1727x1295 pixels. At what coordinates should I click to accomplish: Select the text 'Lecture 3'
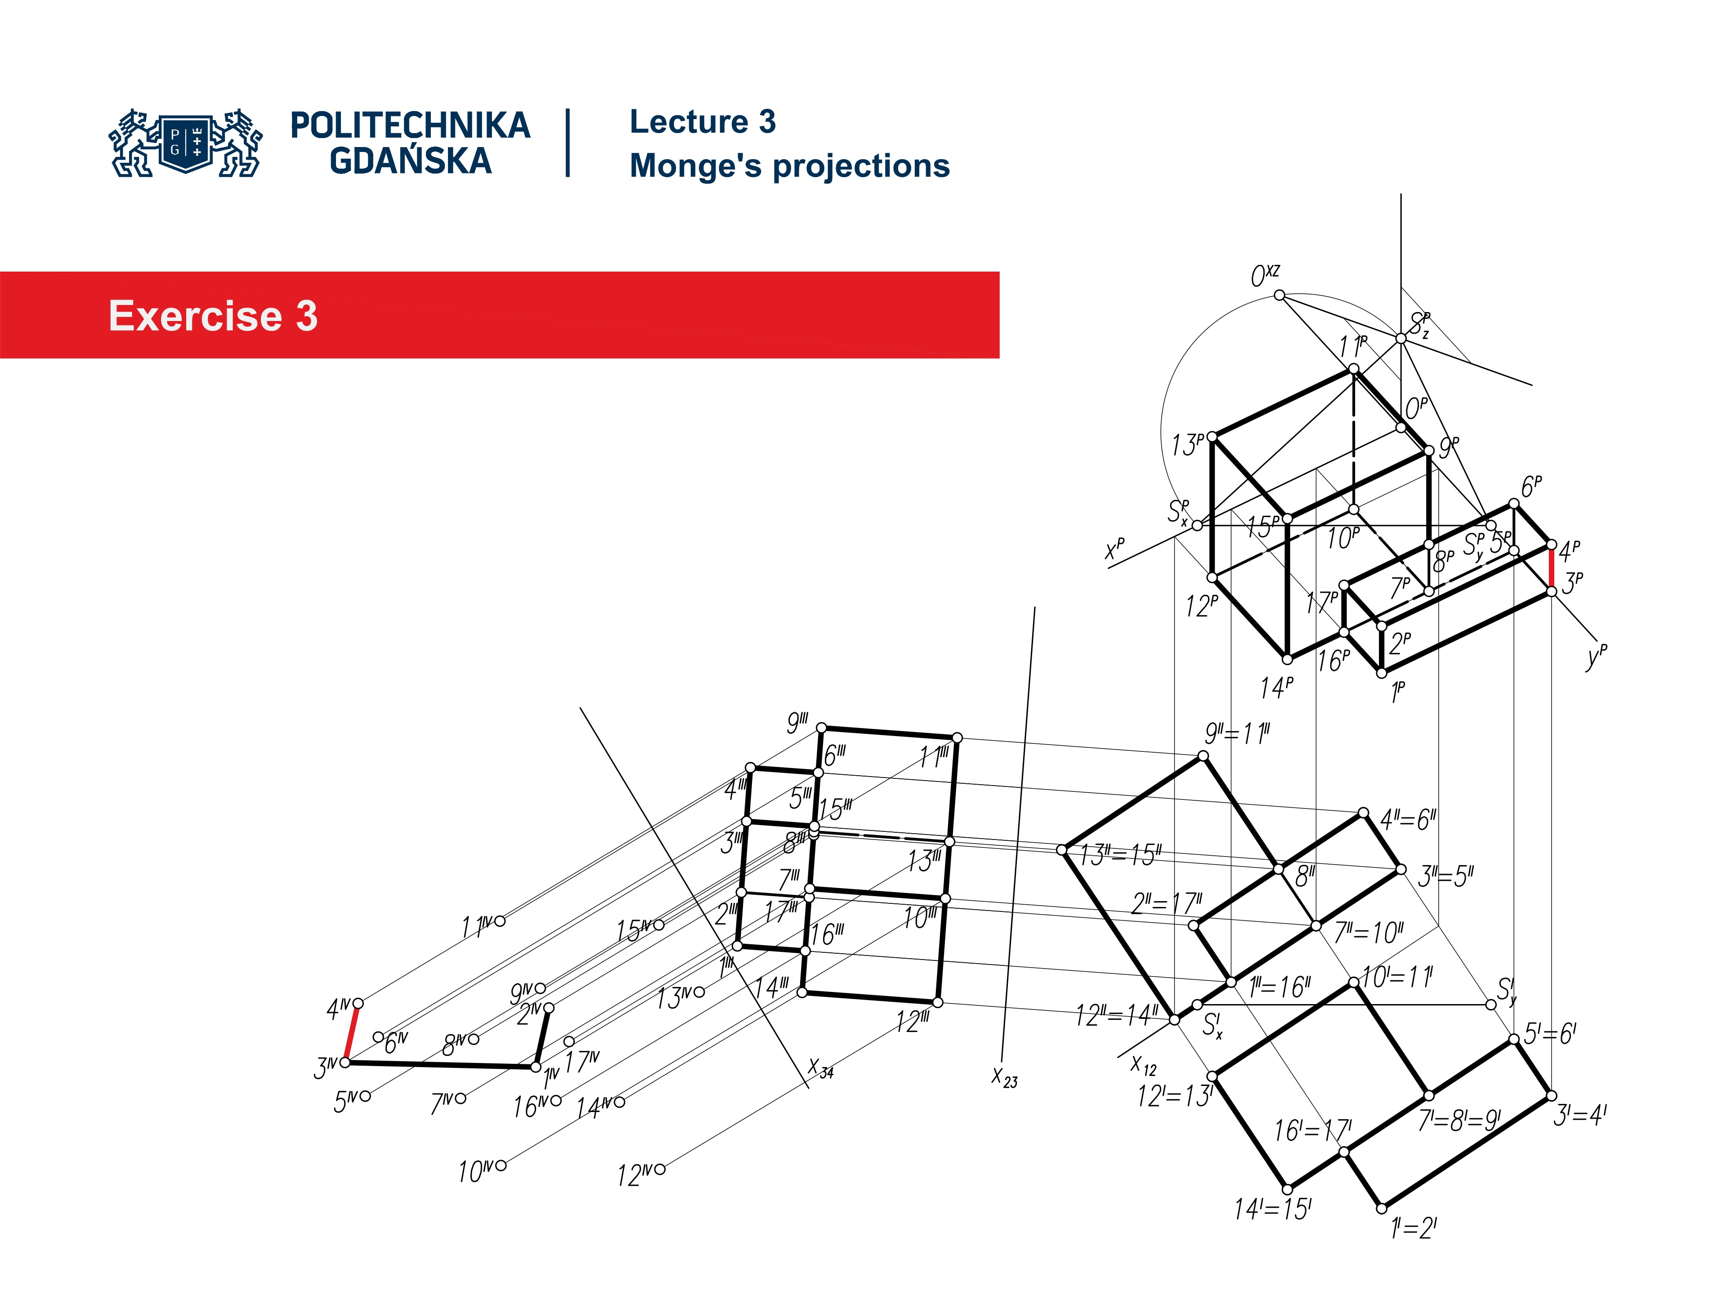(702, 122)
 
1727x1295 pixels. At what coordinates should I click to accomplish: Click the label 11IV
(476, 927)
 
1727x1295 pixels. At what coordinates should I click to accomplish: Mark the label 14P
(1276, 688)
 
